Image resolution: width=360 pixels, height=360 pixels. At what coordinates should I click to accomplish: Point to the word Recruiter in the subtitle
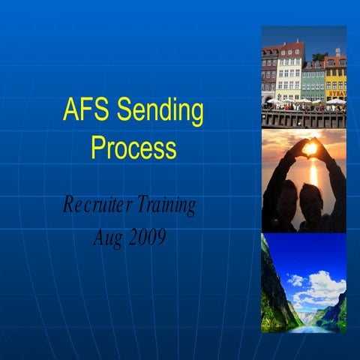point(94,205)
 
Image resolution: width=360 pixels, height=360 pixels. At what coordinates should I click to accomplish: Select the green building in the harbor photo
point(313,81)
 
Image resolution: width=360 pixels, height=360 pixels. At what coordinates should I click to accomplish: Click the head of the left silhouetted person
point(286,191)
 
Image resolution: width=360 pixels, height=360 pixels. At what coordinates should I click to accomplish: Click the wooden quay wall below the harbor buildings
point(303,119)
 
